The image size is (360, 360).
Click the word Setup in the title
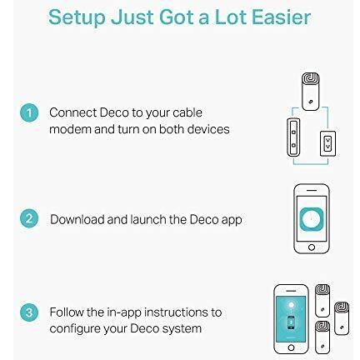pyautogui.click(x=77, y=17)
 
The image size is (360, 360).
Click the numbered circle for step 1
pyautogui.click(x=29, y=112)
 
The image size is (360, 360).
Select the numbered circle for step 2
pyautogui.click(x=29, y=218)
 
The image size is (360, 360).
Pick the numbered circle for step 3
pyautogui.click(x=29, y=312)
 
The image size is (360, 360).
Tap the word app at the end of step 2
pyautogui.click(x=232, y=221)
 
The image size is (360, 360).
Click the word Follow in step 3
pyautogui.click(x=67, y=312)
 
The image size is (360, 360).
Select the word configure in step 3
pyautogui.click(x=75, y=329)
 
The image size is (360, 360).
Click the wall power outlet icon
pyautogui.click(x=327, y=143)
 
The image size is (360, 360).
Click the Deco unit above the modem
pyautogui.click(x=310, y=92)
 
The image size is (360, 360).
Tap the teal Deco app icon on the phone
pyautogui.click(x=312, y=219)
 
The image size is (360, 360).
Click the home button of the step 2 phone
pyautogui.click(x=312, y=247)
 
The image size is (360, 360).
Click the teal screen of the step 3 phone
pyautogui.click(x=291, y=319)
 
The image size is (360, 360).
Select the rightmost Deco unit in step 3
pyautogui.click(x=342, y=318)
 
